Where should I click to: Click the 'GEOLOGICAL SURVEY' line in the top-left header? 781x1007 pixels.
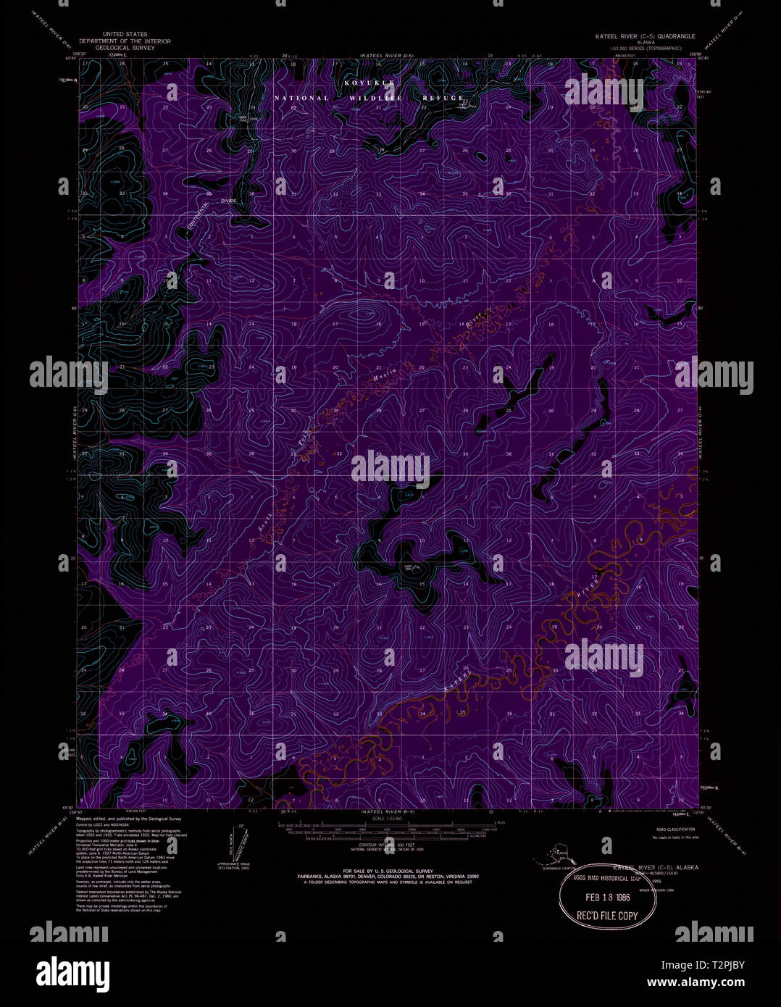125,49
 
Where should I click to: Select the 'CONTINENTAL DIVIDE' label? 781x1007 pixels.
205,212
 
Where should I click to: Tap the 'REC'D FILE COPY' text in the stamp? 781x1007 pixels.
607,916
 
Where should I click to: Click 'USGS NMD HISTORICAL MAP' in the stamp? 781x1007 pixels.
607,879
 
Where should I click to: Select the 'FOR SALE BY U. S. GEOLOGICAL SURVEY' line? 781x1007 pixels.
388,870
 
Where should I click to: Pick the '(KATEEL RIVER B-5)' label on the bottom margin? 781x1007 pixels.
386,814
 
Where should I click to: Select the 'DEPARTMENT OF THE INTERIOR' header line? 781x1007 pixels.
125,42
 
